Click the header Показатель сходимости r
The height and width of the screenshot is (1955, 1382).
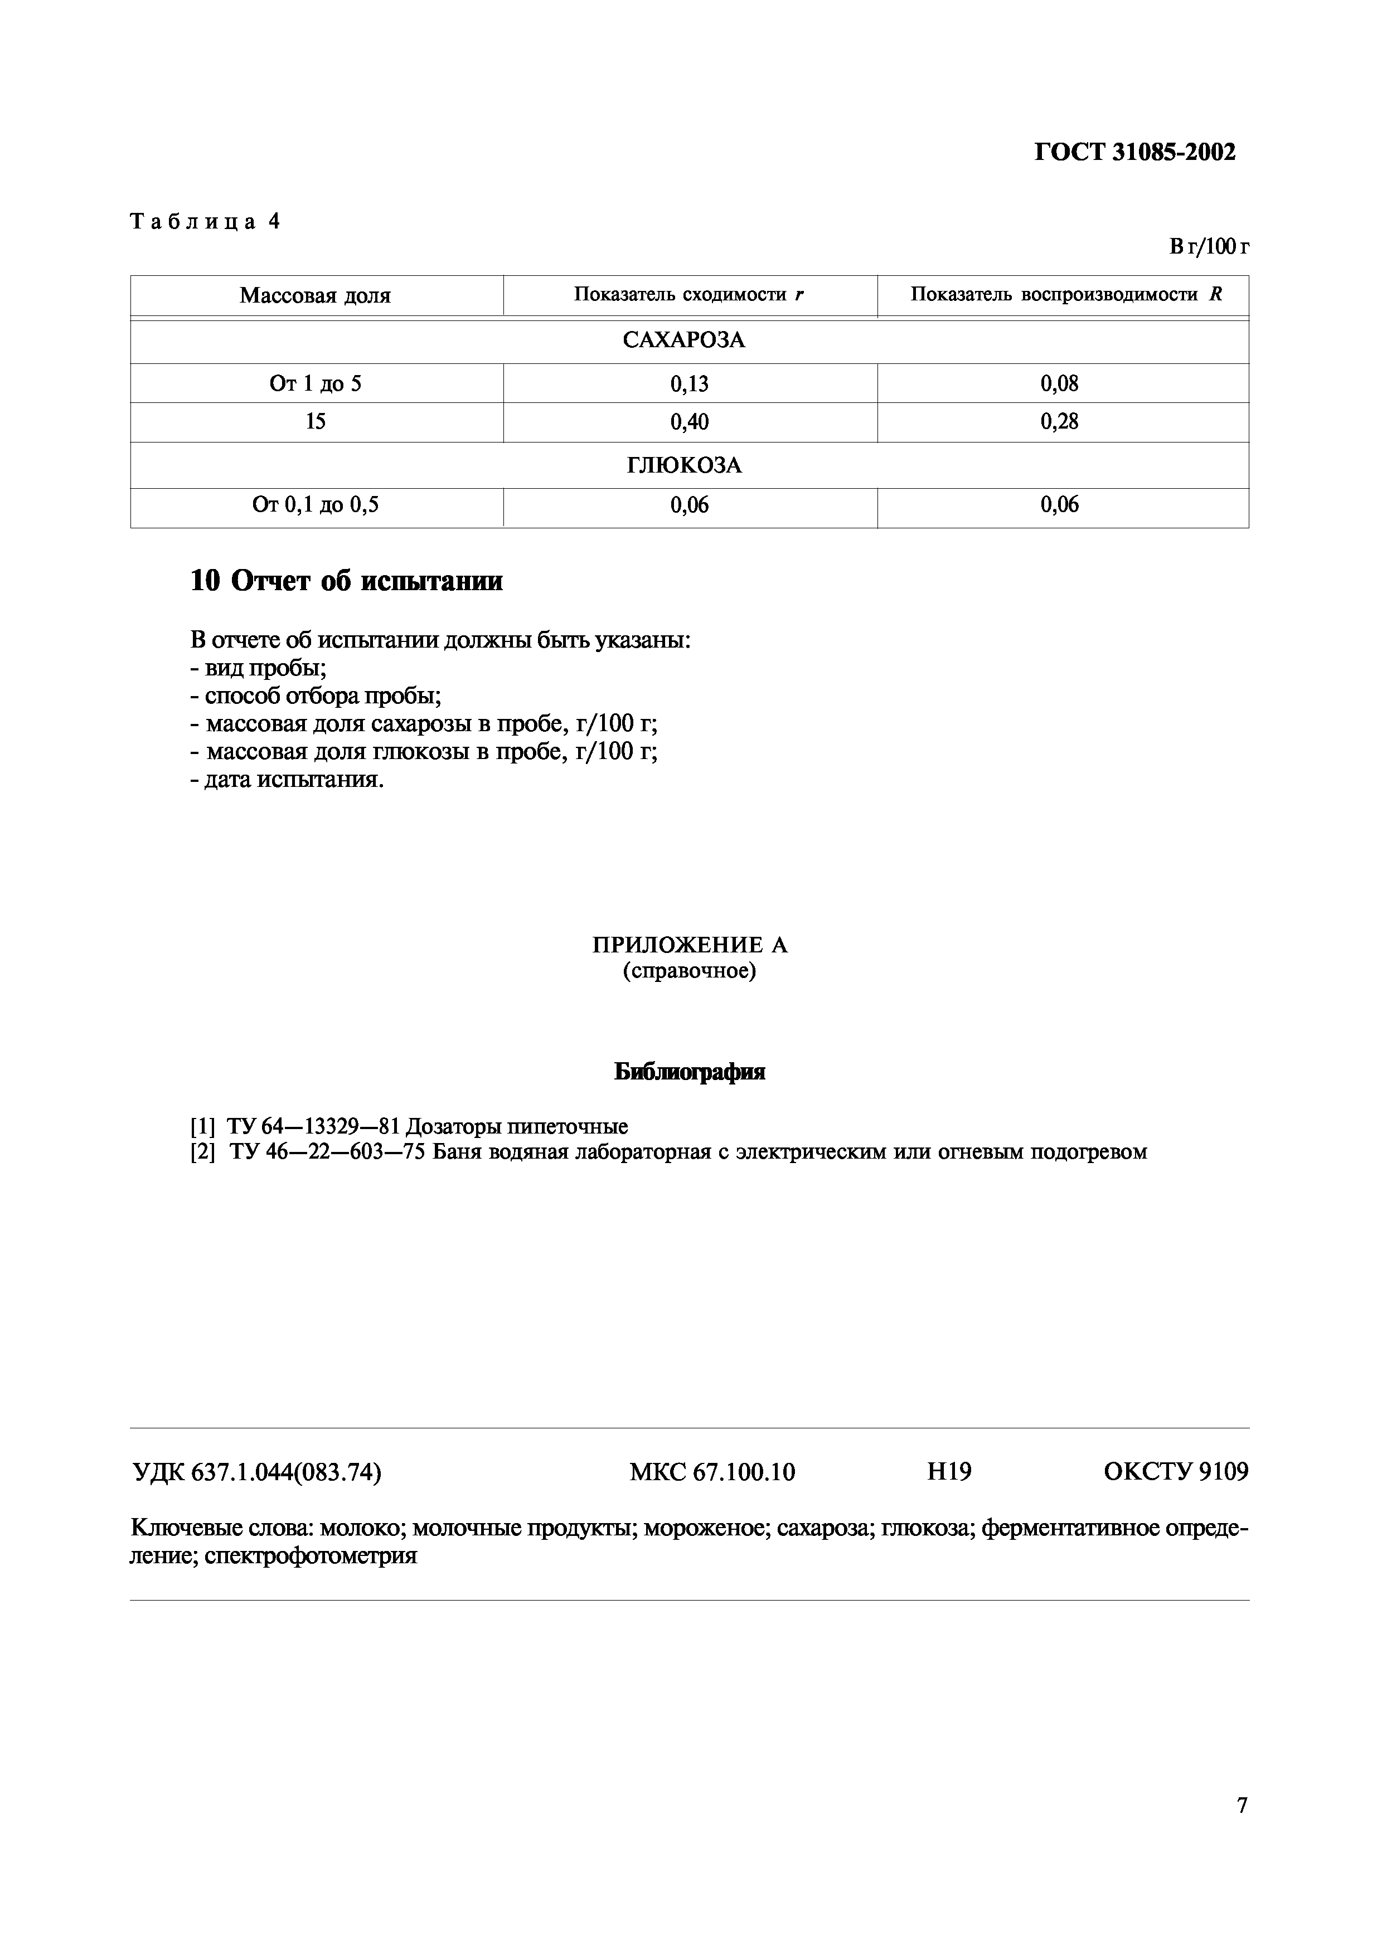pyautogui.click(x=689, y=295)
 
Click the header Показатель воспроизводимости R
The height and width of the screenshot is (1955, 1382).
pyautogui.click(x=1066, y=295)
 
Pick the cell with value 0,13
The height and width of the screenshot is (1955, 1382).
pyautogui.click(x=689, y=384)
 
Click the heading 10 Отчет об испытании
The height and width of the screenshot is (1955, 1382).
pyautogui.click(x=346, y=581)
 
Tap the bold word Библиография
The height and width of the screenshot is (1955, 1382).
pyautogui.click(x=689, y=1072)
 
